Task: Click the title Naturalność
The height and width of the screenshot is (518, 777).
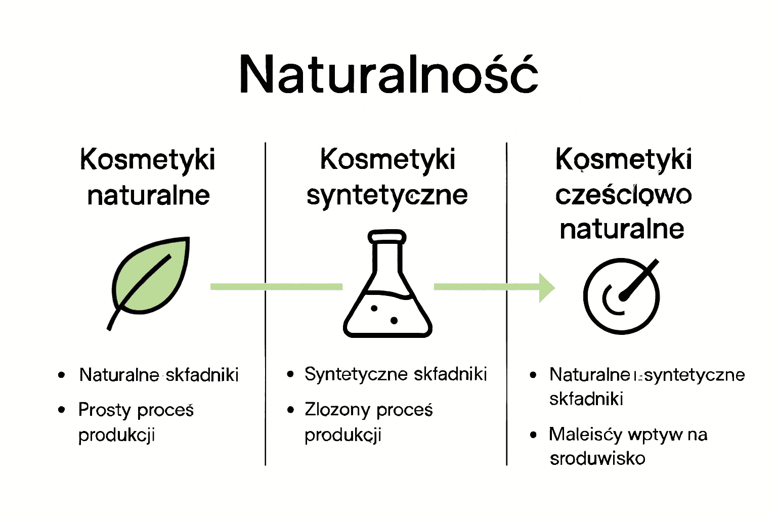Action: (x=388, y=74)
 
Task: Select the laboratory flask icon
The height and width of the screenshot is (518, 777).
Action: (x=387, y=291)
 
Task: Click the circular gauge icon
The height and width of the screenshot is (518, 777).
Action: (x=621, y=296)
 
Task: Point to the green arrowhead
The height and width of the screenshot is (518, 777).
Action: (x=547, y=287)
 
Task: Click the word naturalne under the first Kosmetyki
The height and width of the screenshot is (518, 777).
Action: (x=148, y=195)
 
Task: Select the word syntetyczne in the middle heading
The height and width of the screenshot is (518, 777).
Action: (x=387, y=195)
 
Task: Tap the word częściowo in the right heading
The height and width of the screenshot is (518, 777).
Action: (x=623, y=195)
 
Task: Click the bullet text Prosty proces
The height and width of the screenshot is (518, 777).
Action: (x=136, y=410)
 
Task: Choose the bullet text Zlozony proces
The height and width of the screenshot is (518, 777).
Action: (x=368, y=410)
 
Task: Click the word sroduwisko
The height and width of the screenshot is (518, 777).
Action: (x=597, y=458)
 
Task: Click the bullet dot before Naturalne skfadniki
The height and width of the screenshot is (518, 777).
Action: (x=62, y=375)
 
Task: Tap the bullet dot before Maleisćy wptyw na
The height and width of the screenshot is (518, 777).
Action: (x=533, y=435)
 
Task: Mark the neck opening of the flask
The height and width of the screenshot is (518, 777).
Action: (x=387, y=236)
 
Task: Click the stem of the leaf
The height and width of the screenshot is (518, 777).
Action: (x=113, y=319)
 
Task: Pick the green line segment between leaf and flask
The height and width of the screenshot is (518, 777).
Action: (x=276, y=287)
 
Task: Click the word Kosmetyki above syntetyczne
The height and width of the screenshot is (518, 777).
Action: (x=387, y=159)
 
